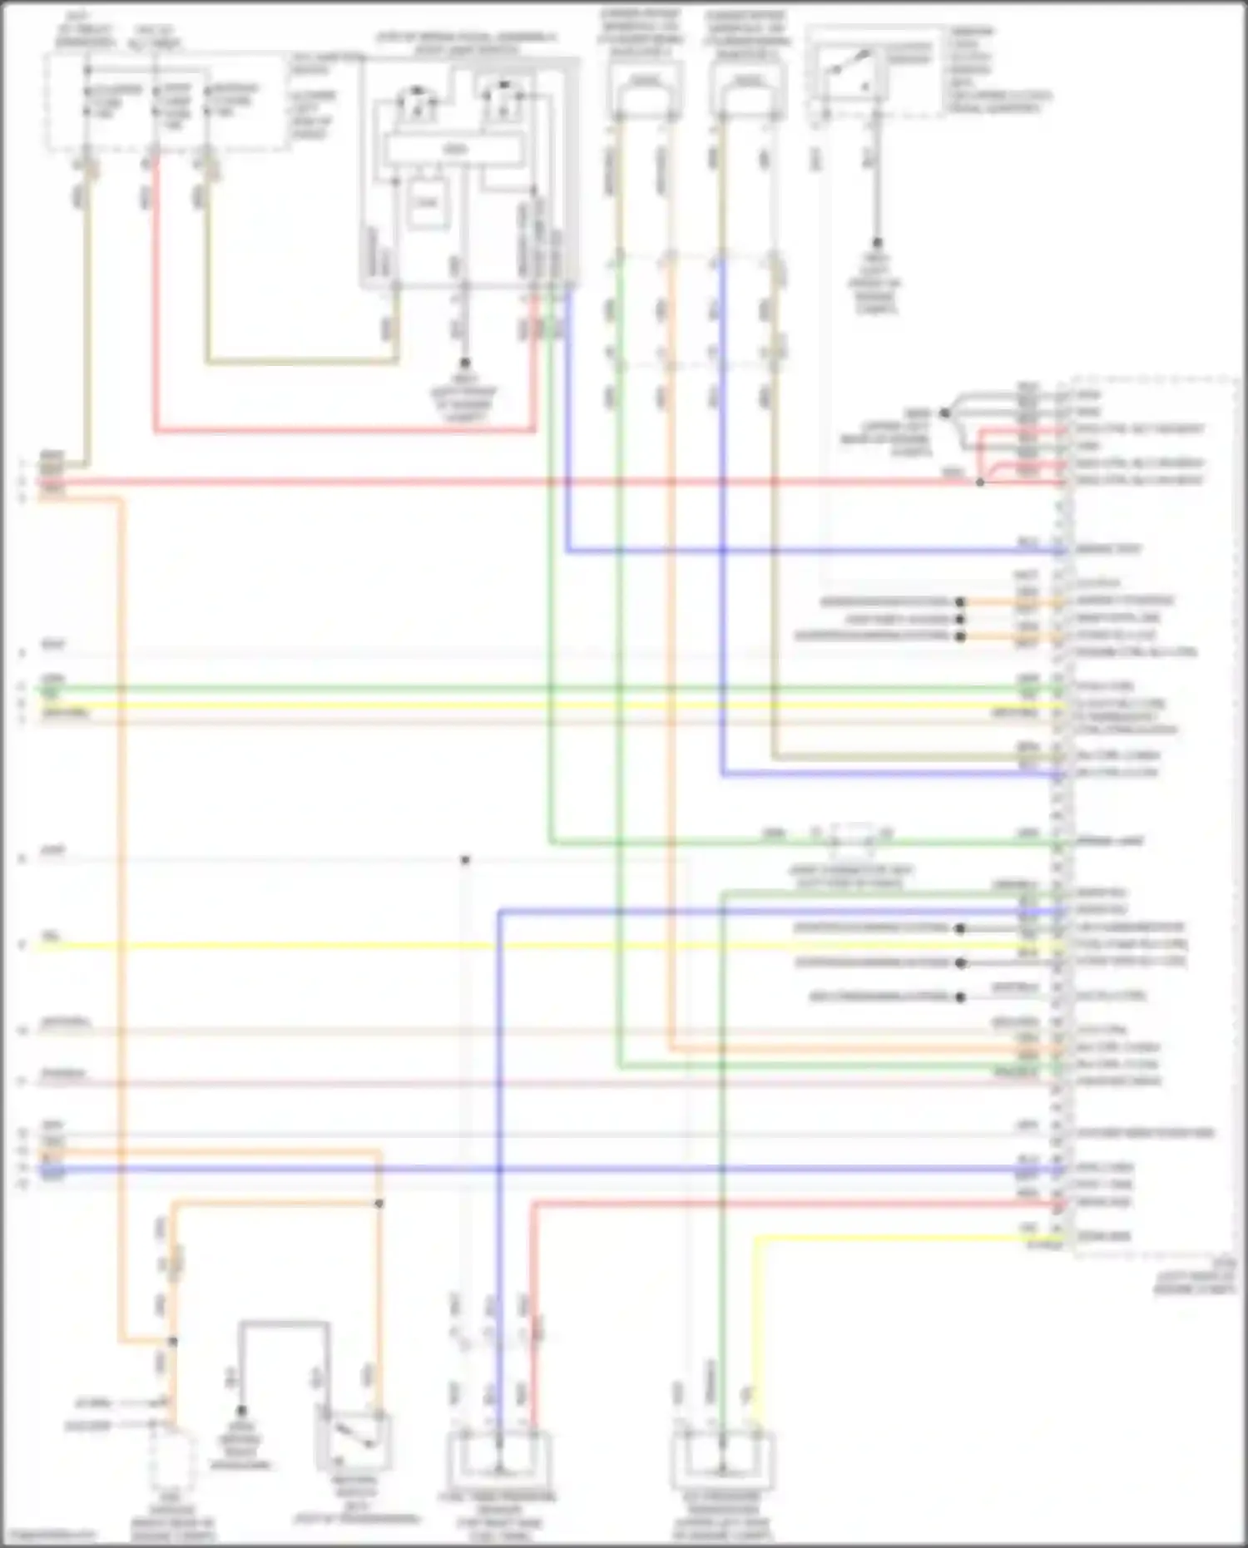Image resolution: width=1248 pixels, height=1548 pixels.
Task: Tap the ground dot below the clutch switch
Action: [x=875, y=243]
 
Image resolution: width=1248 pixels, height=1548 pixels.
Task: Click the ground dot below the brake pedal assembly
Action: [x=464, y=363]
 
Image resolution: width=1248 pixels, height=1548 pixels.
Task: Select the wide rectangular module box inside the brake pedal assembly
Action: [x=453, y=150]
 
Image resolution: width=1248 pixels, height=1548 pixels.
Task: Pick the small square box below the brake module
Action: [x=427, y=203]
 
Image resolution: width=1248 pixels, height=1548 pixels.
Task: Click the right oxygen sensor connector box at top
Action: [x=747, y=87]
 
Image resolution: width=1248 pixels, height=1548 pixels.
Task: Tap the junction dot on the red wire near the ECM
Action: [x=980, y=482]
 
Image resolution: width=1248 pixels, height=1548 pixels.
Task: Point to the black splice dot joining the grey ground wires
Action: [x=944, y=413]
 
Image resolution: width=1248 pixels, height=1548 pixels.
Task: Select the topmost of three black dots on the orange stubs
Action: [x=960, y=601]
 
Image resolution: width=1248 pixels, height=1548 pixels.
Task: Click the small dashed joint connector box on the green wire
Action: [x=850, y=840]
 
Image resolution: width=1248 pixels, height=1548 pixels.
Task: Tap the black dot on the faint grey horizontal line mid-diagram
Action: [x=465, y=860]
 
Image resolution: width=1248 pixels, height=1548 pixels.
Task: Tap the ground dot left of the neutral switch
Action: [x=241, y=1412]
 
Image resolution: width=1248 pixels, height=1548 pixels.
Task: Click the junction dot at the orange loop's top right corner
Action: [x=379, y=1204]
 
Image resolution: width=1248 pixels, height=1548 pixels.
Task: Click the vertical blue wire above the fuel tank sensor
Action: [x=500, y=1081]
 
